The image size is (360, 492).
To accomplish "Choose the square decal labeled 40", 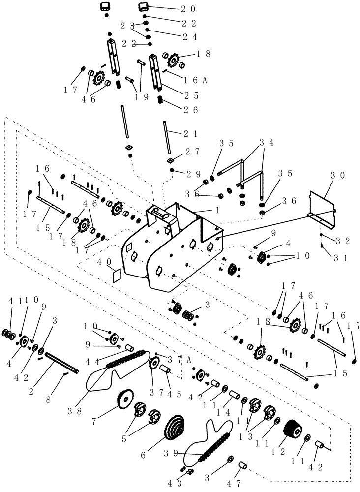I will pyautogui.click(x=117, y=276).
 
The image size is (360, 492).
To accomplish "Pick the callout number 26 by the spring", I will pyautogui.click(x=192, y=110).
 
